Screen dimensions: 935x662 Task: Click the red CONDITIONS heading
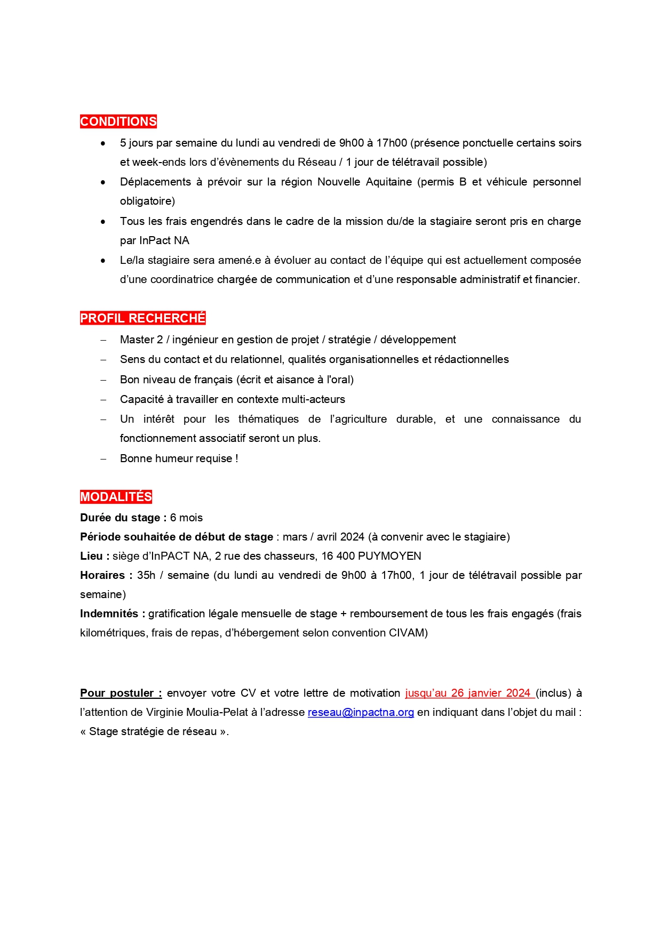point(118,122)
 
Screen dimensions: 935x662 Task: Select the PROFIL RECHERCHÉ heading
point(142,318)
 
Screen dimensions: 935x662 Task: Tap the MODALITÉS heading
point(116,497)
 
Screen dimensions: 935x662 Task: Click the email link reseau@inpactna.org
point(361,712)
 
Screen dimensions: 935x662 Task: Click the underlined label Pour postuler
point(121,693)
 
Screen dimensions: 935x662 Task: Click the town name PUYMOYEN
point(389,556)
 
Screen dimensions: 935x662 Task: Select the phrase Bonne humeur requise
point(176,458)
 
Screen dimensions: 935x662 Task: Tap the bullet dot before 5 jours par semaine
point(103,143)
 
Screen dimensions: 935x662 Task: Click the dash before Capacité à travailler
point(103,400)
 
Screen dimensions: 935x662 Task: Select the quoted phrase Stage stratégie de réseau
point(153,731)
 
